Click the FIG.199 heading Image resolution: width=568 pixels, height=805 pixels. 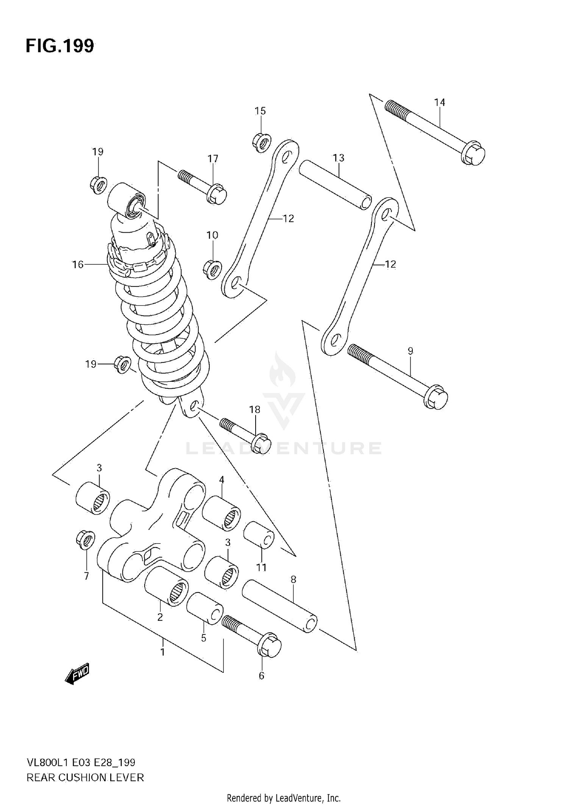(60, 46)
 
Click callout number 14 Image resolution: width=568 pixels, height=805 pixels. (439, 102)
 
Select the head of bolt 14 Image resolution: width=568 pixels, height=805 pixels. (474, 153)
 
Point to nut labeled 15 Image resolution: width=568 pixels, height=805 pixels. (261, 142)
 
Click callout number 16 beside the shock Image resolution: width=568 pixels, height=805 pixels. (78, 264)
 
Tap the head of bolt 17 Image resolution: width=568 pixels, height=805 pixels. (217, 194)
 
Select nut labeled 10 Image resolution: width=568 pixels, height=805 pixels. (212, 269)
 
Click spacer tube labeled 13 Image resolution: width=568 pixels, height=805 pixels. (335, 184)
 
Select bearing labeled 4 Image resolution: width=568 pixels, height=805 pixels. (221, 513)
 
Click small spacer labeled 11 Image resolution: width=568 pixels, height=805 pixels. (258, 535)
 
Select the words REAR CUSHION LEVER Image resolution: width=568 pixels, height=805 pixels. (85, 778)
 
